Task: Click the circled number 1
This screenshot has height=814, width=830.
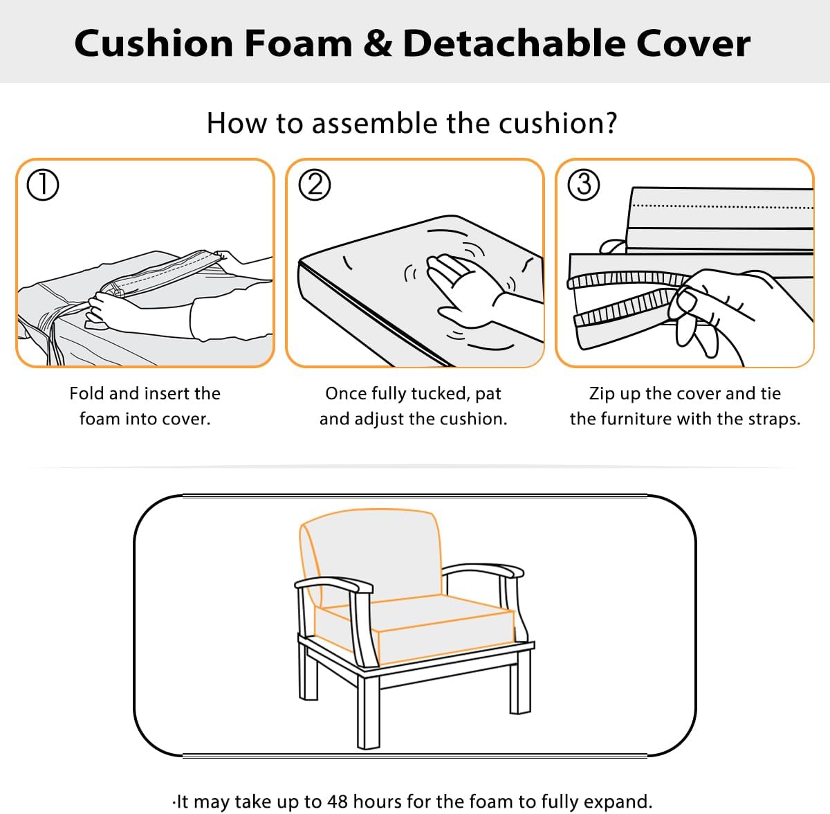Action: (42, 185)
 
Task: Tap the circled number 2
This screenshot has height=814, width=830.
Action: (315, 185)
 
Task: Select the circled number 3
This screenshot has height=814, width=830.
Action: (584, 185)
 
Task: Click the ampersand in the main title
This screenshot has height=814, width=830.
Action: (377, 43)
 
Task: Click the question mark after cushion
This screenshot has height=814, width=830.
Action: (609, 123)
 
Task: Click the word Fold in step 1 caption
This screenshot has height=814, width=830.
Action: (87, 393)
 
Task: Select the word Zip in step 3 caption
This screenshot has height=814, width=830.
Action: (602, 393)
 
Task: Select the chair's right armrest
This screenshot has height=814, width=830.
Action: (484, 572)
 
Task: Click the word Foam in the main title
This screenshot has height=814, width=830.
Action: (297, 43)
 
